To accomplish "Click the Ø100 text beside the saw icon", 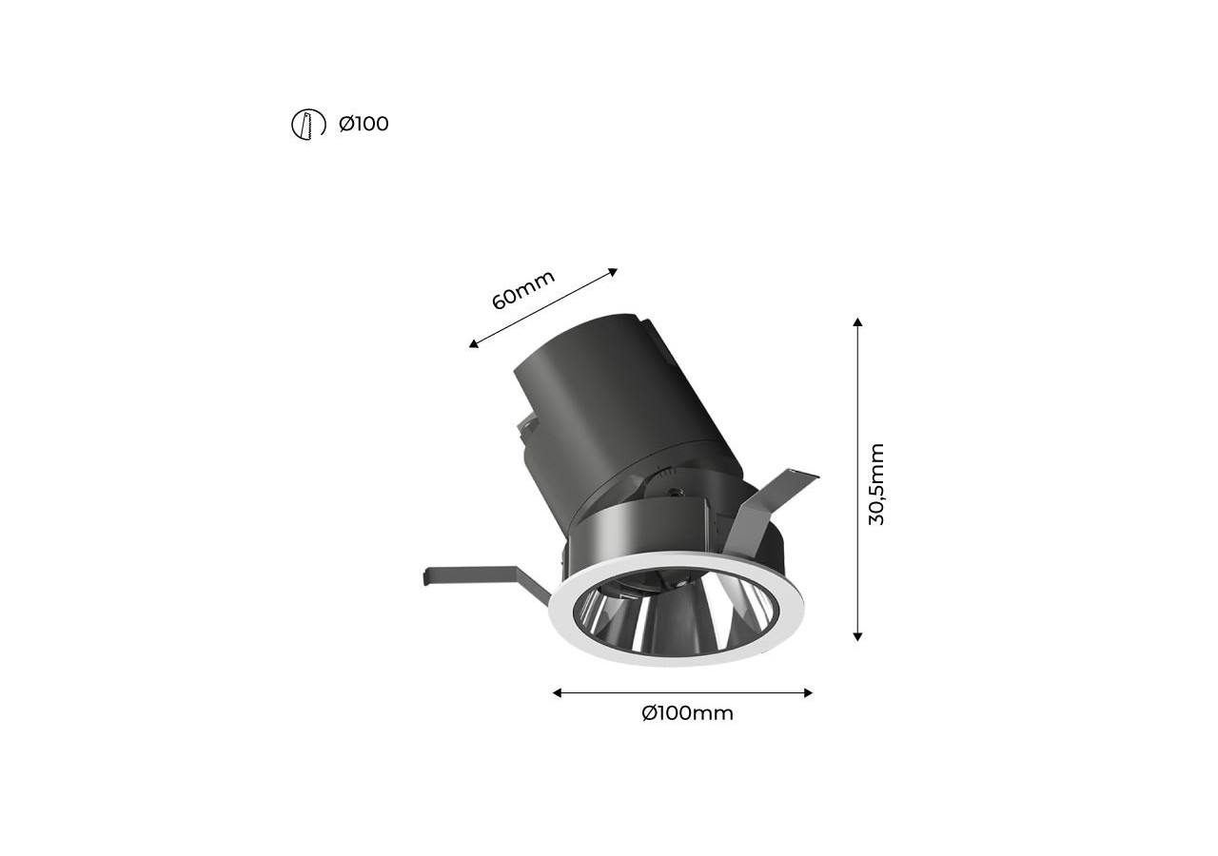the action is [x=363, y=124].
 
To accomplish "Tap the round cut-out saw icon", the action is [x=308, y=125].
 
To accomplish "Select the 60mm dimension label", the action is [x=523, y=290].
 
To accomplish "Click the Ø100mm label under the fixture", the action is [x=687, y=712].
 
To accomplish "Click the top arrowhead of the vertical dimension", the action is [x=857, y=321].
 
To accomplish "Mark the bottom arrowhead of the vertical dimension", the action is [x=857, y=637].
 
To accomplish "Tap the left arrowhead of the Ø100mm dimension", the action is [x=557, y=692].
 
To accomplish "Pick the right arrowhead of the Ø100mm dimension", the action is [x=808, y=692].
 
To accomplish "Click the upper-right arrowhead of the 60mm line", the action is [x=614, y=272].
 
